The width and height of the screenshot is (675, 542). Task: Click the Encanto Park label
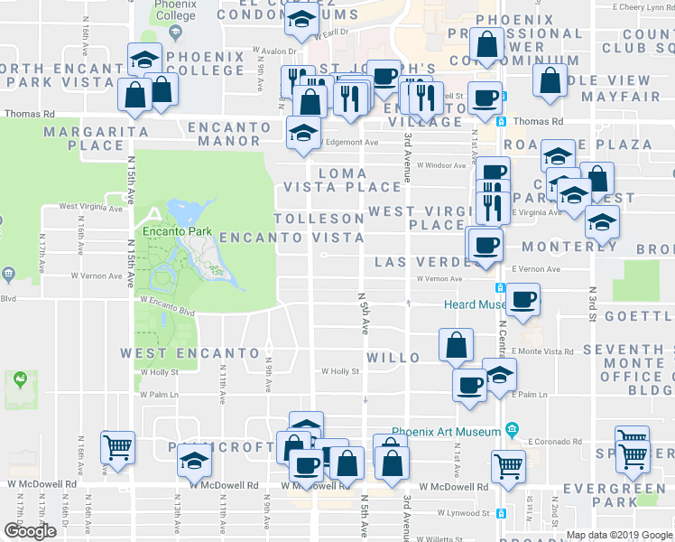click(176, 231)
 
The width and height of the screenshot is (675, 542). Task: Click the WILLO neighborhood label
click(393, 358)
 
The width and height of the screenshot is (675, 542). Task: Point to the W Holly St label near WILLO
click(340, 371)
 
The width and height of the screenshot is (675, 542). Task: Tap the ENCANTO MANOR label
click(230, 134)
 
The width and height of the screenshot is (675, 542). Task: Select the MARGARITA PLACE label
click(84, 138)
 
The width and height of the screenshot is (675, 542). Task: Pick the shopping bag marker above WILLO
click(457, 344)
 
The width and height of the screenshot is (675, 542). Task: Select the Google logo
click(30, 531)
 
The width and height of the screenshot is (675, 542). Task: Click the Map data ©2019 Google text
click(619, 535)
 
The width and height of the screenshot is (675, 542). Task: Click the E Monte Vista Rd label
click(542, 350)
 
